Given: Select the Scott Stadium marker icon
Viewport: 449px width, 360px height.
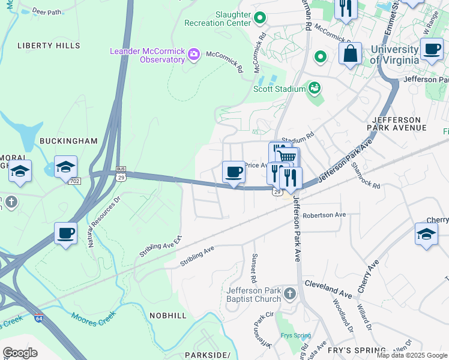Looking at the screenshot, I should [x=313, y=89].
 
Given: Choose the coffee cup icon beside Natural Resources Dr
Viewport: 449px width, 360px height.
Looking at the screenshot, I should [x=65, y=233].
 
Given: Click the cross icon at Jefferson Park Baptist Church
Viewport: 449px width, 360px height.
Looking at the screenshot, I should [x=290, y=294].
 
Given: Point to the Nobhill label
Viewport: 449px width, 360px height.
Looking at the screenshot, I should [x=169, y=315].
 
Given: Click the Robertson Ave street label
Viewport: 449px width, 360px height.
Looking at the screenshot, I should [x=324, y=215].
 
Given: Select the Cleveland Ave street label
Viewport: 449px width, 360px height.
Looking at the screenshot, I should [x=328, y=288].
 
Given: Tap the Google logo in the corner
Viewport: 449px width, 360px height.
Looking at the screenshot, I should [x=20, y=353].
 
